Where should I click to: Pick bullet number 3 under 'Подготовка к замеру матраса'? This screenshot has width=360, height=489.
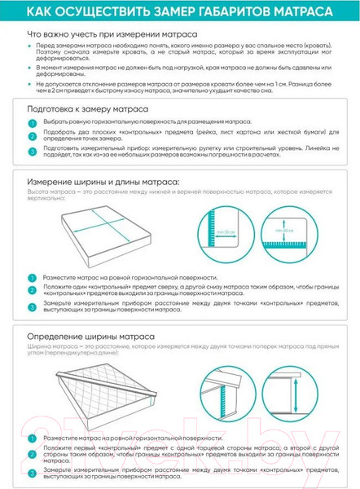(33, 150)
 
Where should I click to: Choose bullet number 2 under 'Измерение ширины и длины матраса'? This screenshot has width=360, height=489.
(33, 289)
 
